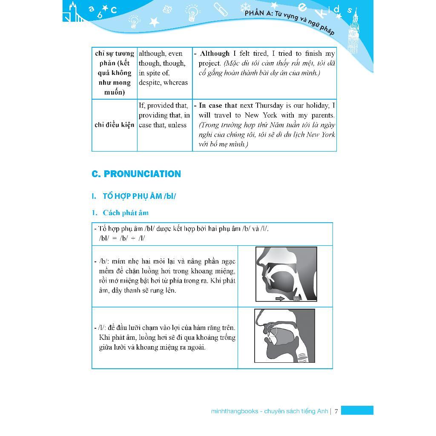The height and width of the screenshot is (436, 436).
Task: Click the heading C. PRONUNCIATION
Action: point(136,174)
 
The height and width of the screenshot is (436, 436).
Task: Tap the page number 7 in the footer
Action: point(336,411)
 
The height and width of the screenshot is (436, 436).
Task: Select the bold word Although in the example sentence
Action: point(215,54)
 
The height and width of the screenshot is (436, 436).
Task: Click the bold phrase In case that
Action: point(218,106)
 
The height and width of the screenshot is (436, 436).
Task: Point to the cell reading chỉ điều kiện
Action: point(114,125)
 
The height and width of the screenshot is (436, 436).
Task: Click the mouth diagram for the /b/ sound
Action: point(286,275)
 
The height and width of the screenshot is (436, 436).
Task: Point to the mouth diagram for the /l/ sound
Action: point(284,336)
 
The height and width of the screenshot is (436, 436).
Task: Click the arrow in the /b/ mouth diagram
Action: point(280,298)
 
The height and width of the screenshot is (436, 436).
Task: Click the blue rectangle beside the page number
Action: point(357,410)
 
